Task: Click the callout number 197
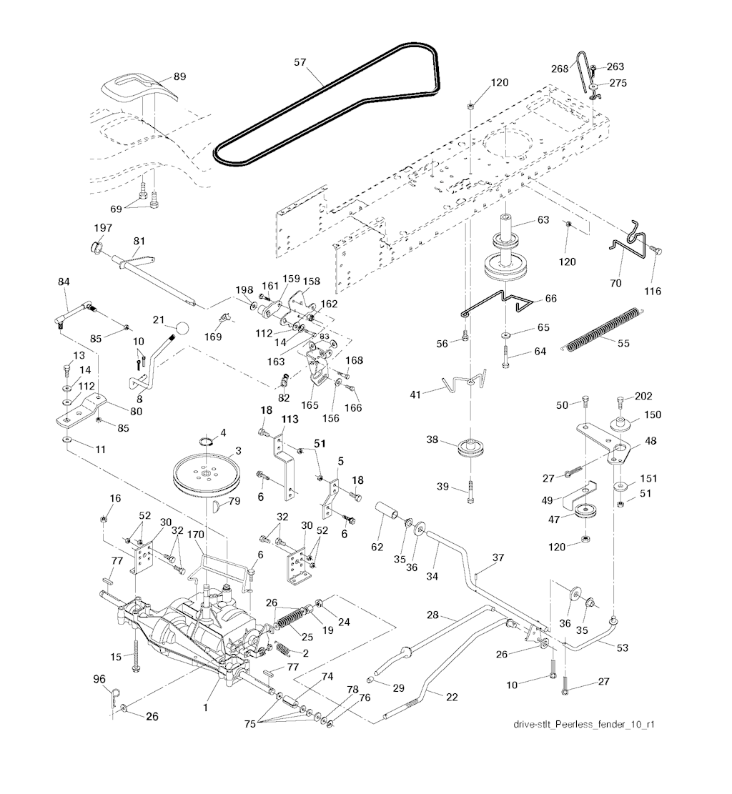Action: click(103, 228)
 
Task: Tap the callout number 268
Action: click(560, 69)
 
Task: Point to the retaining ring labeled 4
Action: click(207, 440)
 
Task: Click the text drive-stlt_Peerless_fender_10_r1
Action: click(584, 724)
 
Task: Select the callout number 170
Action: click(196, 535)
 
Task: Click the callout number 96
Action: click(99, 678)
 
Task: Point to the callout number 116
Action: click(653, 291)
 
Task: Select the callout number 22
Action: click(452, 697)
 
